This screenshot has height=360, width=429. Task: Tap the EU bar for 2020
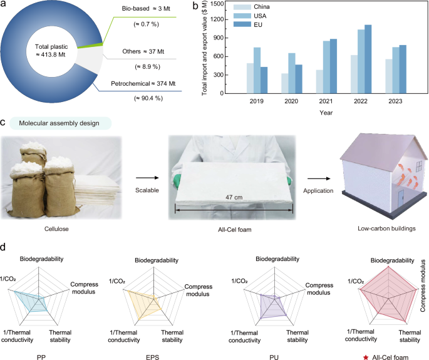click(x=298, y=79)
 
